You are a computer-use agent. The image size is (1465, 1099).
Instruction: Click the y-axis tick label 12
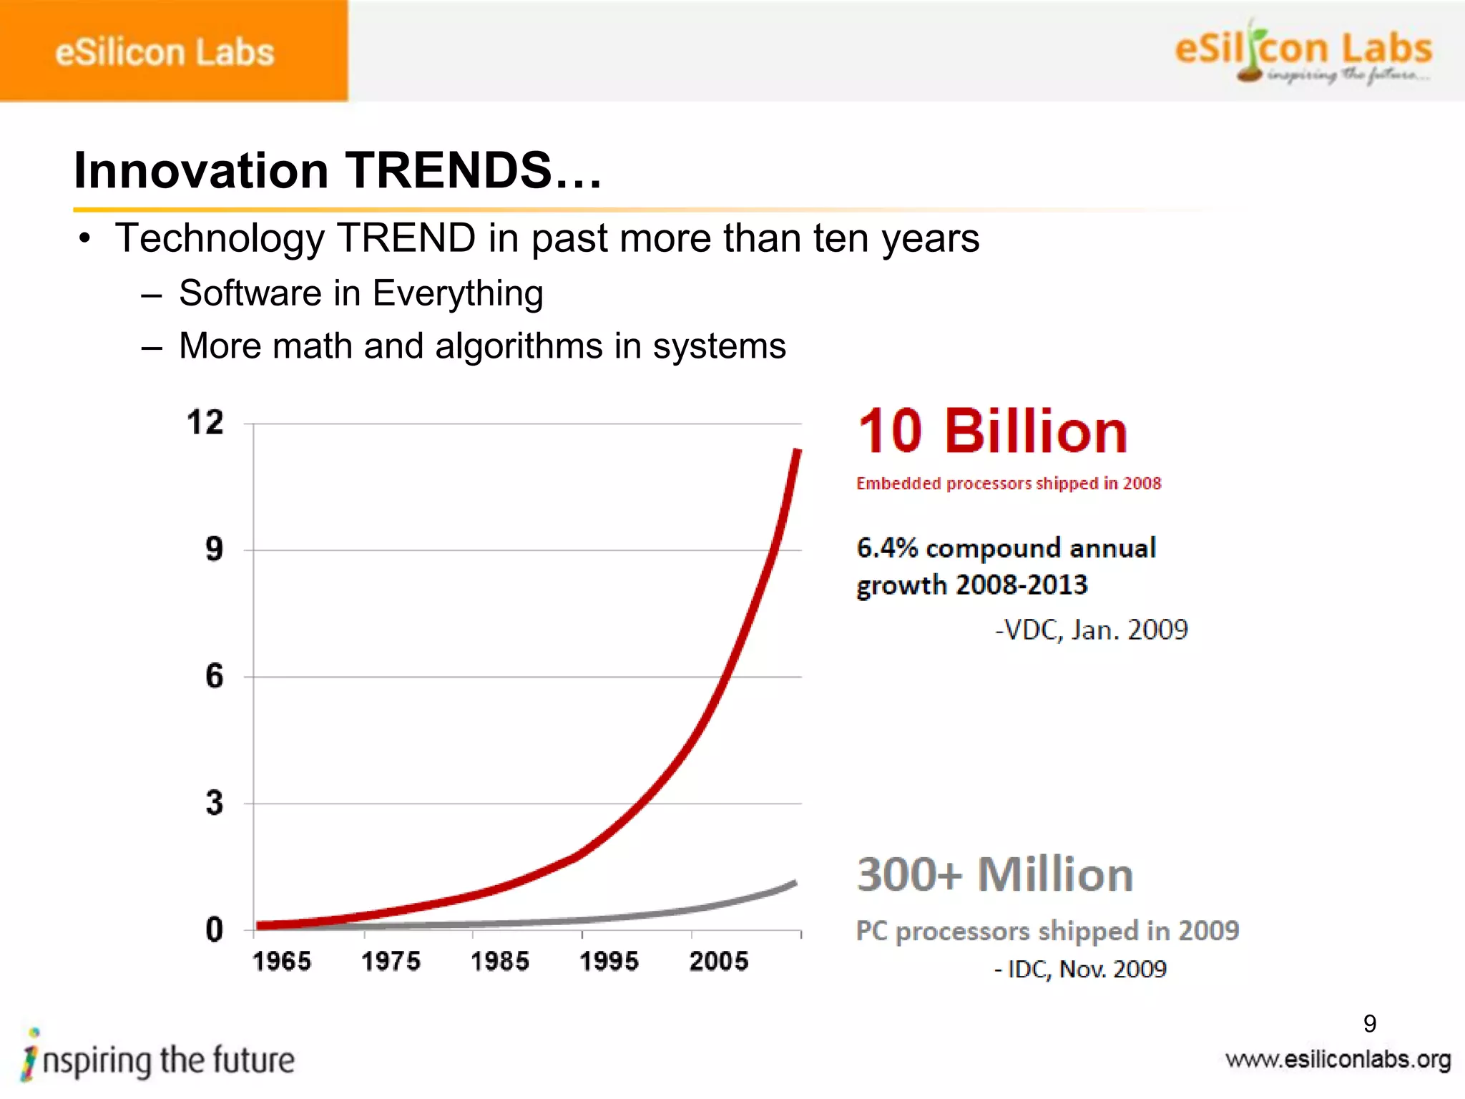click(x=205, y=423)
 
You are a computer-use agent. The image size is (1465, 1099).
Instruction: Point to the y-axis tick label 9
click(x=214, y=549)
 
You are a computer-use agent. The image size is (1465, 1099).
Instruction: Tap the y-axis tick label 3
click(x=214, y=803)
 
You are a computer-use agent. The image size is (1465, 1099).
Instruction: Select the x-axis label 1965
click(x=282, y=961)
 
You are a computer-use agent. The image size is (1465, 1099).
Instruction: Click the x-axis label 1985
click(x=500, y=961)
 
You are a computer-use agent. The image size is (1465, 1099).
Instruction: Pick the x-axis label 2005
click(x=719, y=961)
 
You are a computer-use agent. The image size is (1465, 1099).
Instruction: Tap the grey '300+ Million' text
click(x=995, y=874)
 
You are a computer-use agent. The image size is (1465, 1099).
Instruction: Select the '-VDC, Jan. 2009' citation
click(x=1092, y=630)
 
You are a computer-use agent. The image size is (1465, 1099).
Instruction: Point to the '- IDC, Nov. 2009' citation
click(x=1081, y=969)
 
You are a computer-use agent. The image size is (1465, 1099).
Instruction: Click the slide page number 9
click(x=1370, y=1024)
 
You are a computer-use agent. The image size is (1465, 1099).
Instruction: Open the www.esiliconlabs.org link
click(x=1338, y=1060)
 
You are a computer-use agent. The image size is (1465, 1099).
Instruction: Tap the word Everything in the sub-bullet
click(x=458, y=293)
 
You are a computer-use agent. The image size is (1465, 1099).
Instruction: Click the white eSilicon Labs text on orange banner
click(x=165, y=52)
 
